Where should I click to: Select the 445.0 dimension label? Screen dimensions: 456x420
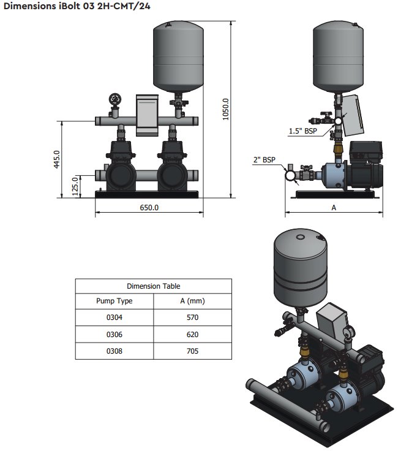(56, 159)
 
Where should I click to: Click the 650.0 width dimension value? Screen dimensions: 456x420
(149, 208)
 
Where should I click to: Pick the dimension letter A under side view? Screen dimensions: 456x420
(334, 208)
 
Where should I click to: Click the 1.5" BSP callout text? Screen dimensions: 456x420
(303, 131)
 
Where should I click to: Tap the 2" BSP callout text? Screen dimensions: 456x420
(265, 160)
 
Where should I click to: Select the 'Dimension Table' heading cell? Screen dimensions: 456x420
(153, 286)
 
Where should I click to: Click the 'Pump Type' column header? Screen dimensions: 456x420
(114, 301)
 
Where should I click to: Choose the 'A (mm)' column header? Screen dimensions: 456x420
(192, 301)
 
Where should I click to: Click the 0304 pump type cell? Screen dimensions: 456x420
(114, 318)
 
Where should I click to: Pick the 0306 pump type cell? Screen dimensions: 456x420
(114, 335)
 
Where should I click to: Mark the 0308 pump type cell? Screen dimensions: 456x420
(114, 351)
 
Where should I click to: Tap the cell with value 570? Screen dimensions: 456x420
(192, 318)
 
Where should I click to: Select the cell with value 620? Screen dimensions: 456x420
(192, 335)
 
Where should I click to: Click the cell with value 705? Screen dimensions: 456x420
(192, 351)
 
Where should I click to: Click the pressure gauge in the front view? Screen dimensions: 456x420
(114, 99)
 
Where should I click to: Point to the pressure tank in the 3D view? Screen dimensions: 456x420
(299, 264)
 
